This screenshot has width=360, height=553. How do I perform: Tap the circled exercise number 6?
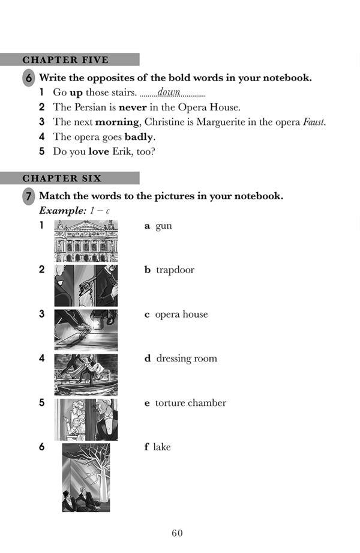coord(29,78)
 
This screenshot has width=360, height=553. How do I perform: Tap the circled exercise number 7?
coord(29,197)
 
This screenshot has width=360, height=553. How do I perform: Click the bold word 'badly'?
coord(139,137)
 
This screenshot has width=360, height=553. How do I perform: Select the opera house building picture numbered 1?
coord(86,241)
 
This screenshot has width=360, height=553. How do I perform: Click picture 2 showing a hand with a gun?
coord(86,285)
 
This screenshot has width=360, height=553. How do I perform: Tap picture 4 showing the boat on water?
coord(86,374)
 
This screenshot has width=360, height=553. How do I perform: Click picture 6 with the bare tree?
coord(86,477)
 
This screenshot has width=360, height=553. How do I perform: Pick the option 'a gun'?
coord(158,226)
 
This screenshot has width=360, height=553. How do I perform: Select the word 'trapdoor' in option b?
coord(175,270)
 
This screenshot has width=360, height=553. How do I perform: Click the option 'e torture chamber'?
coord(185,403)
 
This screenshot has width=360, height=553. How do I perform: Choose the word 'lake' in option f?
coord(161,447)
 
